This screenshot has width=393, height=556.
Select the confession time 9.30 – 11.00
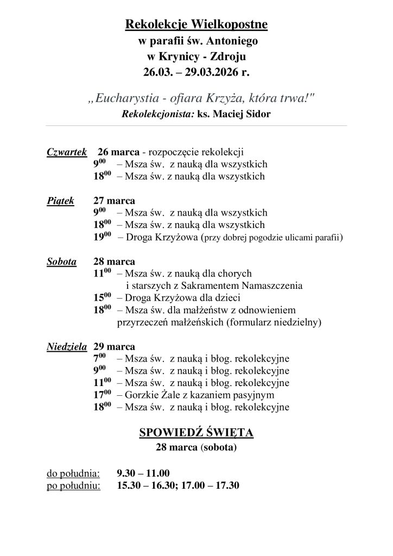[x=143, y=473]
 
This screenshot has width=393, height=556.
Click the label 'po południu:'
[x=74, y=485]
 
